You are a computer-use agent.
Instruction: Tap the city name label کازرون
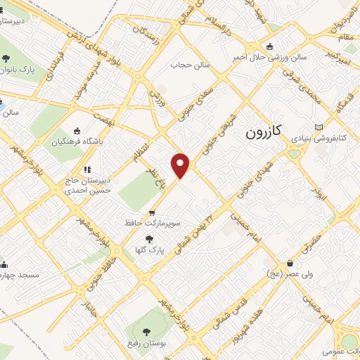pos(264,131)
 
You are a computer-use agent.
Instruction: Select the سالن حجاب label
pos(186,65)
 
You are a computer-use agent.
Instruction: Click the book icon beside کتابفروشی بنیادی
pos(320,127)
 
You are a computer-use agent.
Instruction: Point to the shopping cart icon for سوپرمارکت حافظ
pos(151,212)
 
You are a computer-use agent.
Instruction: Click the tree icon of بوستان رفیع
pos(146,331)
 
